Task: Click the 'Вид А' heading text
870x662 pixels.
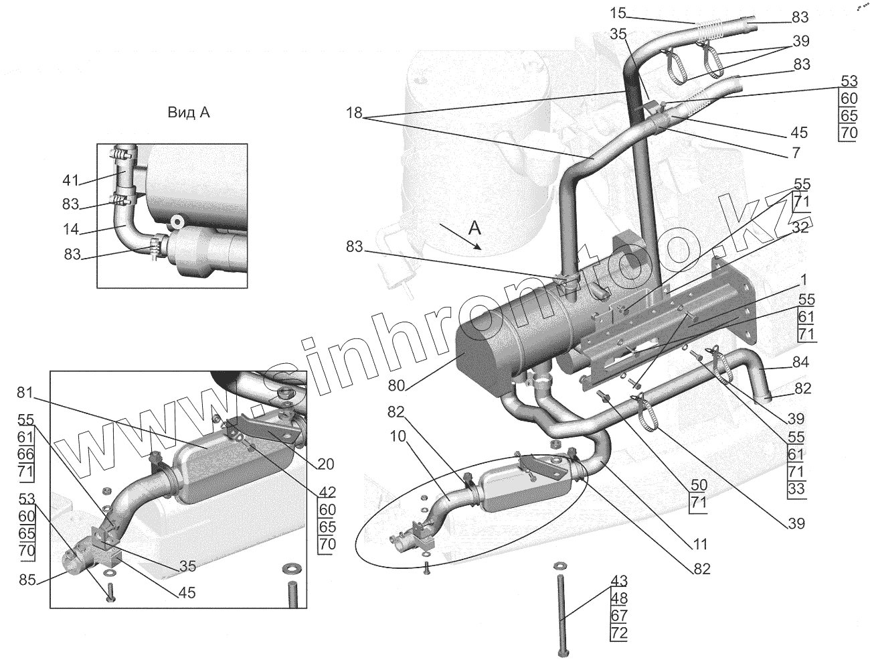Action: [189, 113]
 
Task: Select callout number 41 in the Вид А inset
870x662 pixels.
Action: [71, 180]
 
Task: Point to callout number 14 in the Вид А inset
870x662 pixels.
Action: [71, 229]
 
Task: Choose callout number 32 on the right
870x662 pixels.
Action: [800, 227]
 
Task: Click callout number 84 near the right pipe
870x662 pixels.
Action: [800, 363]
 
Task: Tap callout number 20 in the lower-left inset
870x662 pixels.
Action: [327, 464]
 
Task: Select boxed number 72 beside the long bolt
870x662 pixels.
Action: [619, 632]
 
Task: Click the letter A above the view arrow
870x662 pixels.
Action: [474, 228]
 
